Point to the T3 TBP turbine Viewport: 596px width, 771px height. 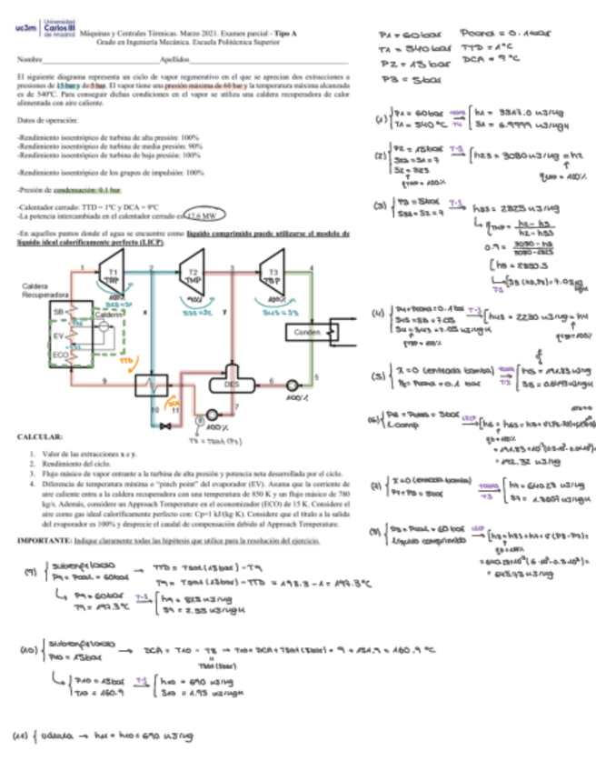click(x=270, y=276)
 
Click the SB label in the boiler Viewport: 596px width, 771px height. click(x=59, y=311)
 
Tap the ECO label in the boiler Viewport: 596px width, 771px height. click(x=60, y=354)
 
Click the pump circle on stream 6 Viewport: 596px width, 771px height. click(x=293, y=385)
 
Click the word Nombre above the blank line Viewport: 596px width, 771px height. click(x=29, y=60)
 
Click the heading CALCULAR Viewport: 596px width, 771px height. click(x=39, y=438)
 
